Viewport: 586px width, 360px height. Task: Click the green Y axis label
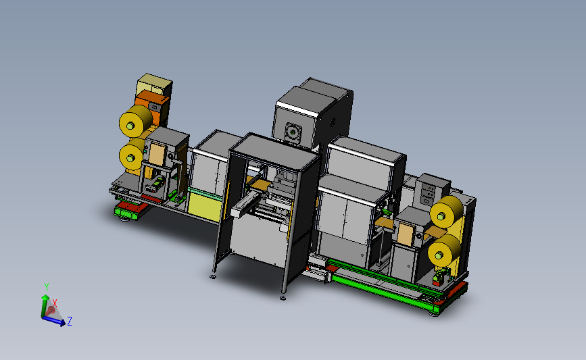[47, 287]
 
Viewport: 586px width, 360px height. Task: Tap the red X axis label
[55, 303]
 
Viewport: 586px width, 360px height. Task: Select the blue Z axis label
[70, 321]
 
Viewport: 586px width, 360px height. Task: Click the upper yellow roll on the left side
[136, 121]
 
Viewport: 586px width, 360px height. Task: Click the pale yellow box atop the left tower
[154, 84]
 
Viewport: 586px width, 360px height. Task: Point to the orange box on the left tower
[152, 106]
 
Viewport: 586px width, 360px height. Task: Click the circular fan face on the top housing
[293, 132]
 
